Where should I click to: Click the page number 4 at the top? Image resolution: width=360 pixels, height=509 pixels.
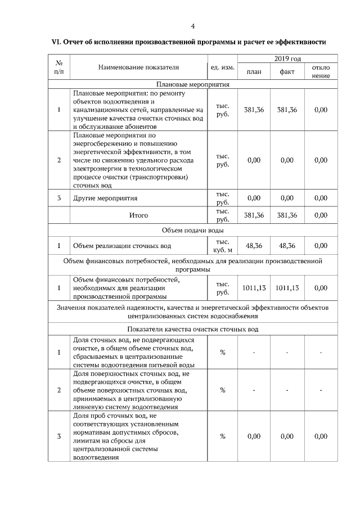tap(193, 26)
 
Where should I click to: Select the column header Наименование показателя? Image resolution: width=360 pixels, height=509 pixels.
tap(138, 67)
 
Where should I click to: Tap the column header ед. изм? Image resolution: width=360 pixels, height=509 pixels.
tap(222, 67)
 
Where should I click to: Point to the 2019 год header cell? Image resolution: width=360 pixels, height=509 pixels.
tap(287, 58)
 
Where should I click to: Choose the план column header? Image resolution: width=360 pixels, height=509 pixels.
tap(254, 72)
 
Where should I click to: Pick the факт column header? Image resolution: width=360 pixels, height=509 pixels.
tap(287, 72)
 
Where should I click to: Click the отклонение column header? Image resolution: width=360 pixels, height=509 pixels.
tap(321, 71)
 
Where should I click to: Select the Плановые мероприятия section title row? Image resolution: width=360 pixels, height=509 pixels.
tap(193, 84)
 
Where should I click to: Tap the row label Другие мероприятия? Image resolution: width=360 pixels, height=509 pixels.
tap(105, 199)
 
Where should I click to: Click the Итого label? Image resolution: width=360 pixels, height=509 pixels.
tap(138, 215)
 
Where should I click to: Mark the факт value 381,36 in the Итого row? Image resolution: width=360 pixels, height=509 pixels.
tap(287, 215)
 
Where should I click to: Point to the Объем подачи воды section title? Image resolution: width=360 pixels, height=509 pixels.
tap(193, 231)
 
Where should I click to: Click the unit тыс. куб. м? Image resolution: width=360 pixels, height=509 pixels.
tap(222, 246)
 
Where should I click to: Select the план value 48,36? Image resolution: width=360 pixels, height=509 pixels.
tap(254, 246)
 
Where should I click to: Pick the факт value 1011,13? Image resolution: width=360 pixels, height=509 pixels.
tap(287, 288)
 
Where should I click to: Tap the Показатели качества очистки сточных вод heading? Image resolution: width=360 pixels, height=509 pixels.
tap(193, 329)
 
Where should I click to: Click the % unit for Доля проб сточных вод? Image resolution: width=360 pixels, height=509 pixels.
tap(222, 436)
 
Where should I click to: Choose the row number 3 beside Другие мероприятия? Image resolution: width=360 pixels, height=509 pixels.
tap(59, 199)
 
